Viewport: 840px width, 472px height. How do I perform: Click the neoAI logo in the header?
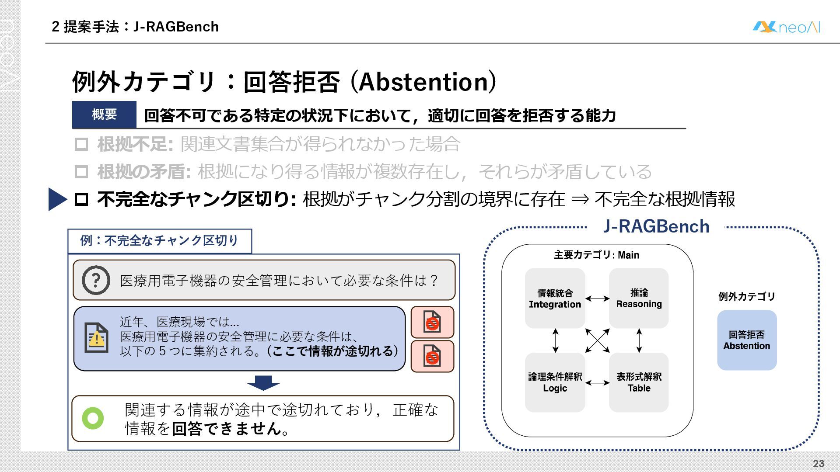pos(786,27)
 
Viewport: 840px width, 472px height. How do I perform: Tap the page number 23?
pos(819,463)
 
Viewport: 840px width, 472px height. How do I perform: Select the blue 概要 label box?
pos(104,115)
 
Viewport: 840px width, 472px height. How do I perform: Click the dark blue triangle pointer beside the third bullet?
pos(57,199)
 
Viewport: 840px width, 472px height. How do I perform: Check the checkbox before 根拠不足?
pos(81,144)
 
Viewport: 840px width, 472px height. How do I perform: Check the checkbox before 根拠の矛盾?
pos(81,172)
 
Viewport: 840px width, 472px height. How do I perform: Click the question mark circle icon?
pos(96,280)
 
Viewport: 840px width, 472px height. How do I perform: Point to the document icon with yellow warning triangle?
pos(96,338)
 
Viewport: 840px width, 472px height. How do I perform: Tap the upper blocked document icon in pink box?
pos(432,322)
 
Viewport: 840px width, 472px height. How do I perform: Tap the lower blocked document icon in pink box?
pos(432,356)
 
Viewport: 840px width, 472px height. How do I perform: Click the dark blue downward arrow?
pos(263,383)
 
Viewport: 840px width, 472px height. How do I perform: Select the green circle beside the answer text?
pos(93,418)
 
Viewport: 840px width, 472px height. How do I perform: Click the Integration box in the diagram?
pos(555,298)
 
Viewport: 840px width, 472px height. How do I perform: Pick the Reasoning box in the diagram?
pos(639,298)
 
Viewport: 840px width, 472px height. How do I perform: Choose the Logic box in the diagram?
pos(555,382)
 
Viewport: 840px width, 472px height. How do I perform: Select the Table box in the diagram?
pos(639,382)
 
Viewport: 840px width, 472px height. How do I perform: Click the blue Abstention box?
pos(747,340)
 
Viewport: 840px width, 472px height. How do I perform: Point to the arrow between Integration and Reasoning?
pos(597,298)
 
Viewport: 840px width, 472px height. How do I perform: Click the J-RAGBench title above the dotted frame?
pos(656,226)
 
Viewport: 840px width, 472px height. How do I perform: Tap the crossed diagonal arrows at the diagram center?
pos(597,340)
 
